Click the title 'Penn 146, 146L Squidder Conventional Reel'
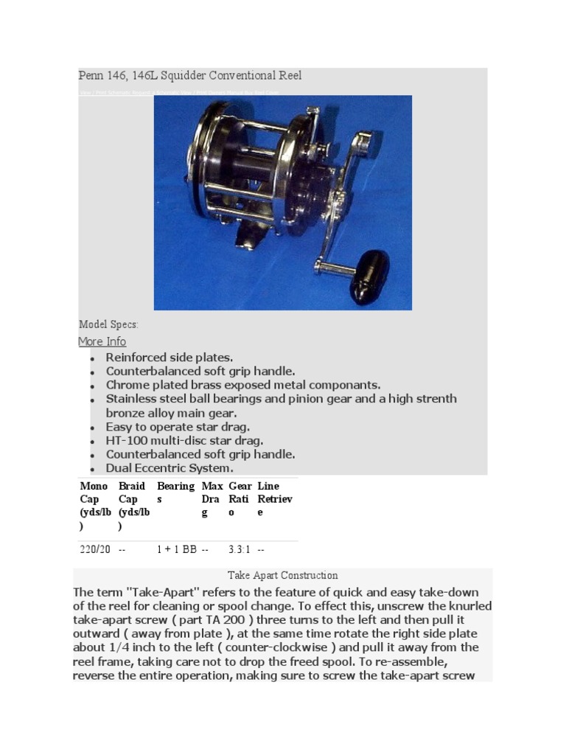coord(190,76)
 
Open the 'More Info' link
coord(102,341)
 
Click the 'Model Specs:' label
coord(108,324)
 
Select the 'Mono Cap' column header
coord(94,506)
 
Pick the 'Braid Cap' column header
coord(133,506)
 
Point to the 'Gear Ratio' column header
coord(240,499)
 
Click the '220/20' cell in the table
coord(94,550)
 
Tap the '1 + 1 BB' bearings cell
coord(176,550)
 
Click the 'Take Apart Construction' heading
coord(282,575)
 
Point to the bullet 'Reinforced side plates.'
coord(169,358)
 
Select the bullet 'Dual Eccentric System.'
coord(169,468)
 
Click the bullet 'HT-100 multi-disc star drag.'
coord(184,441)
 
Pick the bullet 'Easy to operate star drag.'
coord(178,427)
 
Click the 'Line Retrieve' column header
coord(274,499)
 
